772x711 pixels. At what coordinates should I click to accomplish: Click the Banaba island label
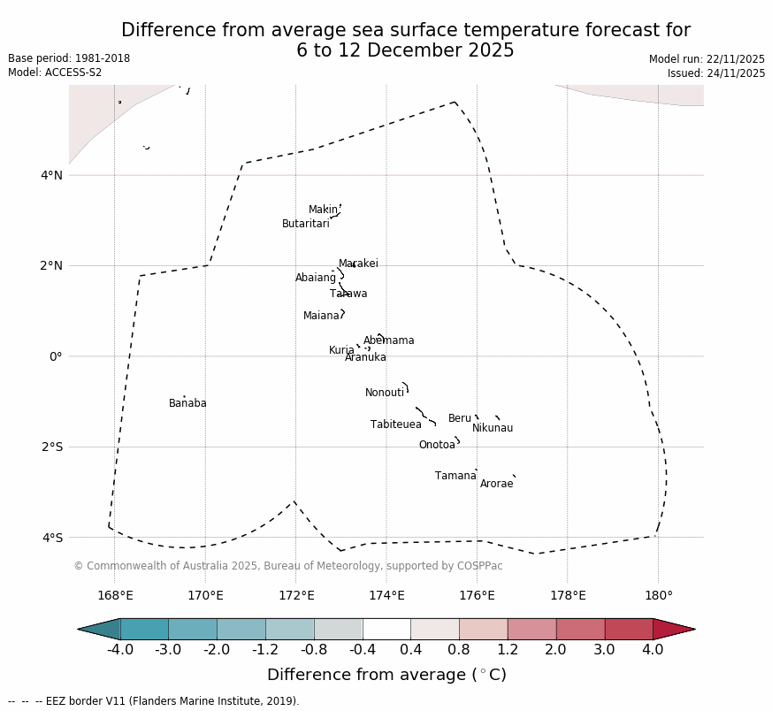point(187,404)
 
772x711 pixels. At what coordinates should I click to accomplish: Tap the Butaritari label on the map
point(306,225)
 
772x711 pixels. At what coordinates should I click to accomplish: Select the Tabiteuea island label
point(396,425)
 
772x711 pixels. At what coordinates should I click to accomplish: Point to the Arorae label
point(497,485)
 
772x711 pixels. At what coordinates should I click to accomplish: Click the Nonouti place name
point(385,394)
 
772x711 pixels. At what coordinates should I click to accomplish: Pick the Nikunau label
point(493,429)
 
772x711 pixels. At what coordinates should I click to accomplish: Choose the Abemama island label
point(389,341)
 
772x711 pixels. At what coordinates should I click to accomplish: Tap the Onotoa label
point(437,446)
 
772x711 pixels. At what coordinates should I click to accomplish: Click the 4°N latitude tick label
point(52,175)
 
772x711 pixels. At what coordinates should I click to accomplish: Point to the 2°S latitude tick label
point(52,447)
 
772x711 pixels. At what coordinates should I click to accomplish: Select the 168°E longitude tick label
point(115,595)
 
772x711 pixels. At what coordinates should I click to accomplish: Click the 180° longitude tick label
point(659,595)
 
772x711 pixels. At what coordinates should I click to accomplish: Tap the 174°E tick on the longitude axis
point(386,595)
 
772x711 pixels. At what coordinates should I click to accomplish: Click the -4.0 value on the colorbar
point(120,651)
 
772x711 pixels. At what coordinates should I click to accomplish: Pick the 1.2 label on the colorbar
point(508,651)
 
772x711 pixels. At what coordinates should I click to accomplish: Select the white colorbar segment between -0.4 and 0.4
point(386,630)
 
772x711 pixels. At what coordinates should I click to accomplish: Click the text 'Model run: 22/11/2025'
point(707,59)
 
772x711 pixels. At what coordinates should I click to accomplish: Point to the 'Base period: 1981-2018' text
point(69,58)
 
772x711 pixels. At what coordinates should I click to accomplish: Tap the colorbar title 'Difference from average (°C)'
point(386,676)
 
